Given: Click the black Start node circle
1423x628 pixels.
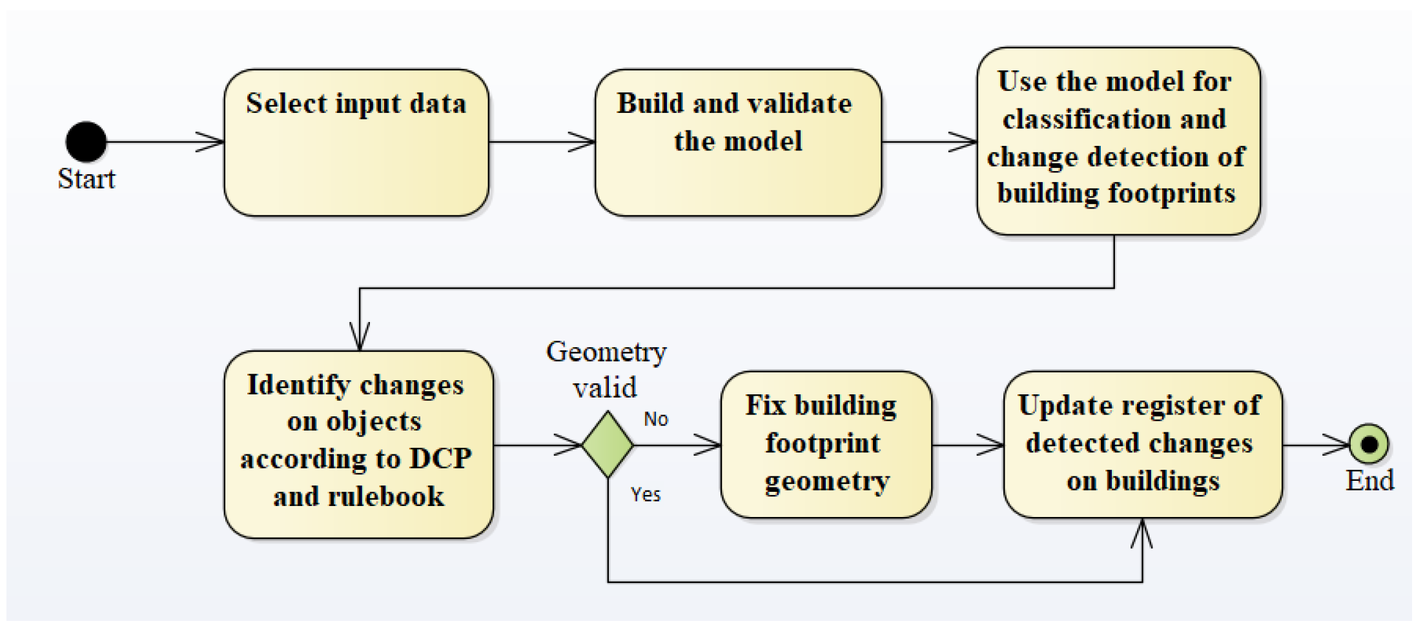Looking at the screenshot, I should (86, 142).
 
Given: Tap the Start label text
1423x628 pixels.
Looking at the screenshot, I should (87, 179).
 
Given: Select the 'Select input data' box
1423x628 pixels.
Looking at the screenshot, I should (356, 143).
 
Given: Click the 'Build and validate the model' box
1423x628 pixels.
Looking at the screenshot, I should (738, 143).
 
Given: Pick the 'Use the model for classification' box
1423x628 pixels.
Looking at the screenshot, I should (1118, 141).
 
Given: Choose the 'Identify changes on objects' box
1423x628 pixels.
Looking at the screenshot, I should (358, 444).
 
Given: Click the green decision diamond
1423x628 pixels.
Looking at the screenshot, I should (608, 445).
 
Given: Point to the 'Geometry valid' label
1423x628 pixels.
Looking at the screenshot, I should (606, 369).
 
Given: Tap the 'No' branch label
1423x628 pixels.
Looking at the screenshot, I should (655, 420).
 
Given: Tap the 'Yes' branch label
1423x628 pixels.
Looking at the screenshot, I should (645, 494).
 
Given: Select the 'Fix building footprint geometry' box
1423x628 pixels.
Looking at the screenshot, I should (826, 444).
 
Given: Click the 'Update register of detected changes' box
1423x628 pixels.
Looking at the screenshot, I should (1142, 444).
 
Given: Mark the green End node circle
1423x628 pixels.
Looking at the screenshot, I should (1369, 444).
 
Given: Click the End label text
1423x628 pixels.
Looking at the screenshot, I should (1369, 481).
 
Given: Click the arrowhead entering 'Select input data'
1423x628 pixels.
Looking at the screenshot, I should (210, 142).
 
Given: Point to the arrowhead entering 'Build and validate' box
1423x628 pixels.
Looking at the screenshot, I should (582, 142).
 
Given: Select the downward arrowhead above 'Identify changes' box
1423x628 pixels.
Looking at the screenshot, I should (360, 336).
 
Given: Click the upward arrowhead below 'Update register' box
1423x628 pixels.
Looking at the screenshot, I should (1141, 534).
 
